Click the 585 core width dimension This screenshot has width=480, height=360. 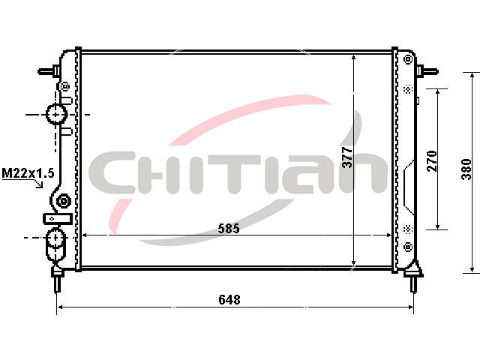229,228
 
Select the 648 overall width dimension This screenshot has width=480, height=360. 229,299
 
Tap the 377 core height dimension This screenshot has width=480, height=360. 347,157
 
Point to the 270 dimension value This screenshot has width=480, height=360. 432,161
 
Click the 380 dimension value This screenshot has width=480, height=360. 466,169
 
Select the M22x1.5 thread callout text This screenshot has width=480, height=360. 28,173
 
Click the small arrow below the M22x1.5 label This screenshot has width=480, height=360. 39,183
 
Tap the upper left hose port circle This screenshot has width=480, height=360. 56,114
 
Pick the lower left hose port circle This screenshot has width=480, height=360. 56,238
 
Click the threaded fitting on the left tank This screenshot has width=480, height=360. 64,202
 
